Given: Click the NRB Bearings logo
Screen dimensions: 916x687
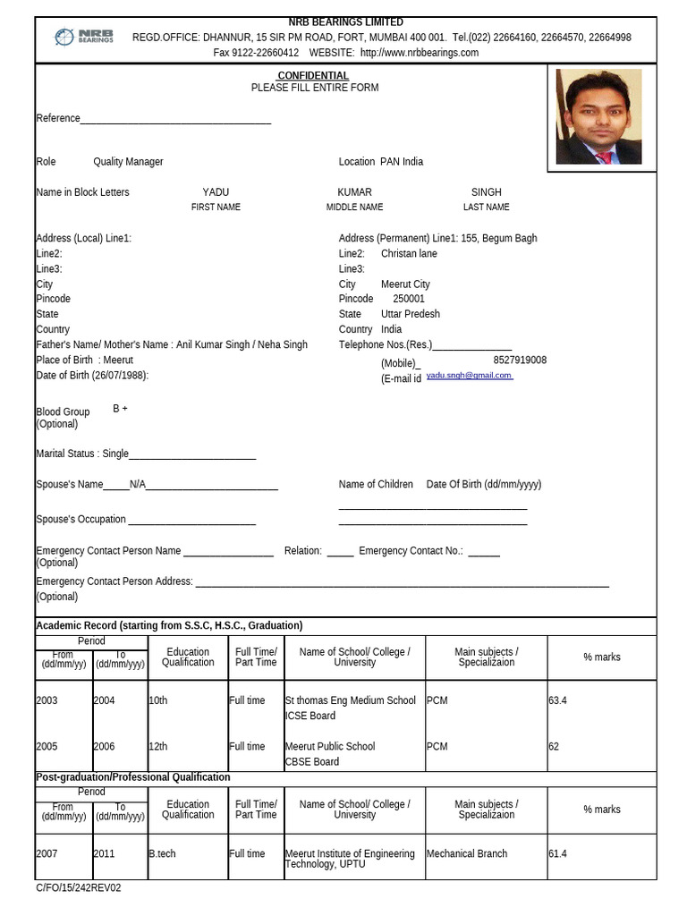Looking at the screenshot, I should coord(82,37).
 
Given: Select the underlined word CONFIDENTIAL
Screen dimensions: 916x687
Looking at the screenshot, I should coord(313,76).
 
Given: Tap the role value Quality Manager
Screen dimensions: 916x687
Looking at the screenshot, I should coord(128,162).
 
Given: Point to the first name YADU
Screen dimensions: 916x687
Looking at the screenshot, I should coord(216,192).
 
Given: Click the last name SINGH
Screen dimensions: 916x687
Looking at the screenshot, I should coord(486,192).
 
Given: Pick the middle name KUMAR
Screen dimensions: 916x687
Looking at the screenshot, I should coord(354,192).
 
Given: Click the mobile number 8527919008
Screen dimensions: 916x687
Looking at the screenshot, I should coord(520,360).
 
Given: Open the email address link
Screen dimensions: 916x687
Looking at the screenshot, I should coord(469,376).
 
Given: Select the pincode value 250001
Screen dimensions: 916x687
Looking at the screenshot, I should coord(409,299).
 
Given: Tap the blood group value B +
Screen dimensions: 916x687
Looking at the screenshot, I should coord(120,409).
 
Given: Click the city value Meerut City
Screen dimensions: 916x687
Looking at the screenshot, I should coord(405,284).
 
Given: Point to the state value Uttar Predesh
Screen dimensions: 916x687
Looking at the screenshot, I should coord(410,314).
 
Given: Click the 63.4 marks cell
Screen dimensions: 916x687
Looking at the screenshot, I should coord(558,700).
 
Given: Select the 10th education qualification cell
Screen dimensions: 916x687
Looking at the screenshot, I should coord(158,700).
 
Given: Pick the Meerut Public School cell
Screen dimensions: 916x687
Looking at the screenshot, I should coord(329,746).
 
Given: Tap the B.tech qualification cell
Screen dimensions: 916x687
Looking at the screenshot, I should coord(162,853).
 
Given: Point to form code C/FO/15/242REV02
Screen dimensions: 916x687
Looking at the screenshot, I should coord(78,888).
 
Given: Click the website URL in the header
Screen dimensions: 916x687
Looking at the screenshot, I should coord(419,53).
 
